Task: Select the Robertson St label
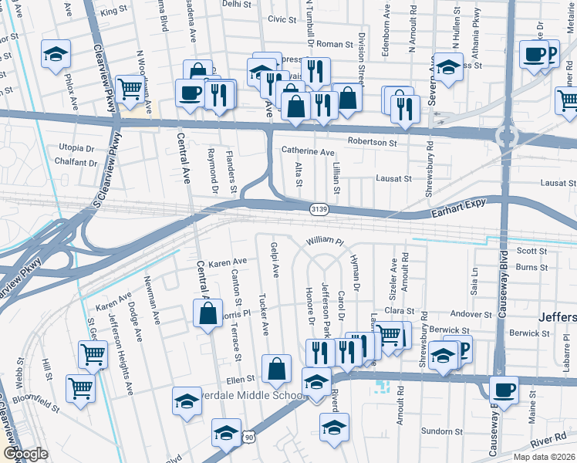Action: (372, 143)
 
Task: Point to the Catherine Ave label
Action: (308, 152)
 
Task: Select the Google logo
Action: (25, 453)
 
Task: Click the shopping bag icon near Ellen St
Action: (276, 369)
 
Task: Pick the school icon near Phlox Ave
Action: (56, 54)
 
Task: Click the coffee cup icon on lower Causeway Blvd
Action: (504, 389)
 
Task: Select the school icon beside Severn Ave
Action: (447, 67)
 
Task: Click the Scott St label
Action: (531, 251)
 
